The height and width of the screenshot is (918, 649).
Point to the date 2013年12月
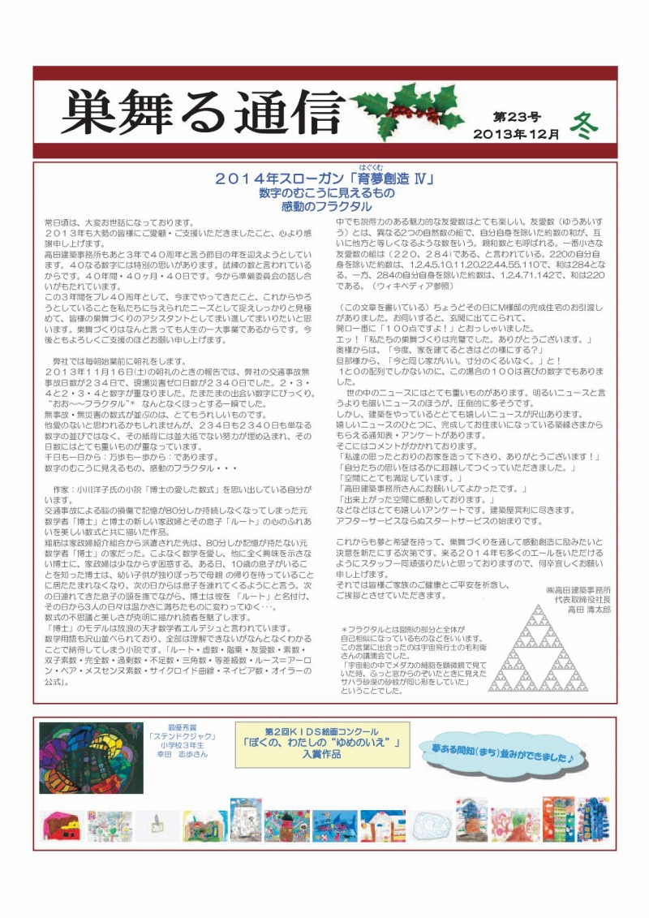tap(517, 134)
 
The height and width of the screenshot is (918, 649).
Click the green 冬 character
tap(583, 126)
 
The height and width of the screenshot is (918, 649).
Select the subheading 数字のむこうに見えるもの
tap(326, 194)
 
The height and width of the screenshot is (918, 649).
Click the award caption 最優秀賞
tap(183, 728)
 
